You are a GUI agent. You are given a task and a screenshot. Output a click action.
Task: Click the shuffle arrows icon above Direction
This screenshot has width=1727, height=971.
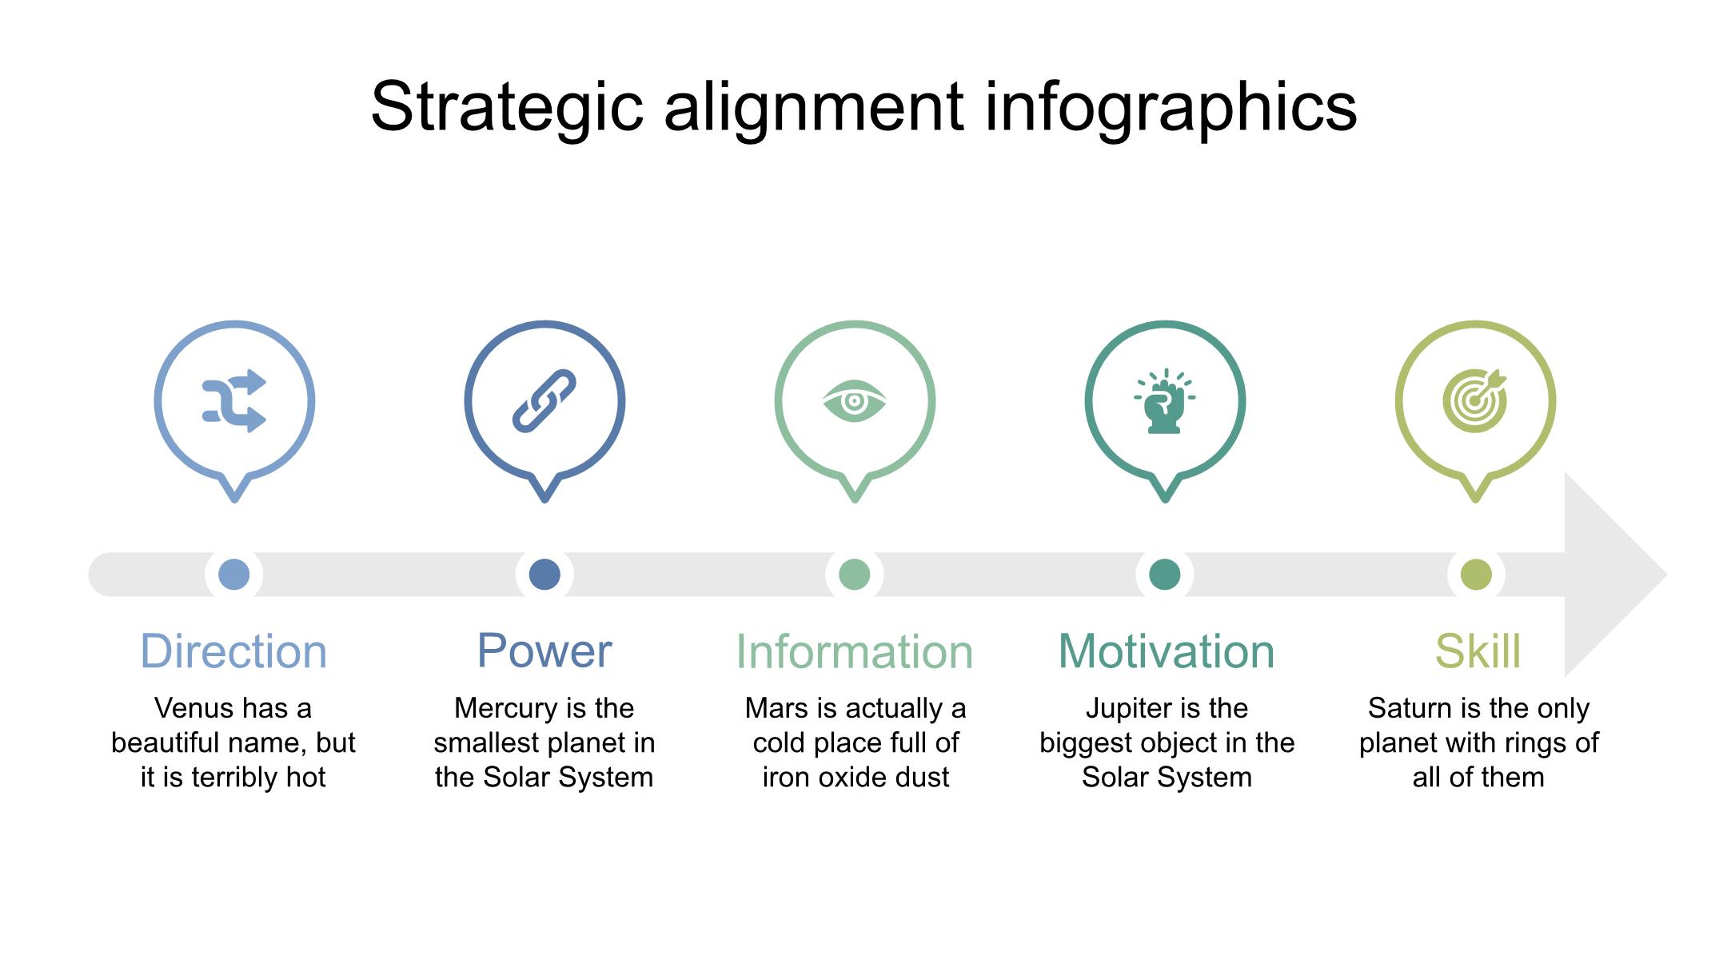click(x=234, y=401)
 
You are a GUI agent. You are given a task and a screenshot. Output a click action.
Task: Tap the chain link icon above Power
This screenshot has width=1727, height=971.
click(x=544, y=401)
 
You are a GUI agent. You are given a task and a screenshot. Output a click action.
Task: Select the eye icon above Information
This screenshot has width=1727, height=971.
click(x=855, y=401)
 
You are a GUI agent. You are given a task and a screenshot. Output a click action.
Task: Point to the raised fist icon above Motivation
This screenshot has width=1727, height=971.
click(x=1165, y=401)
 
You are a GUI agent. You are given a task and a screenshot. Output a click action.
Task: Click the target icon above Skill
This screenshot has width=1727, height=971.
click(x=1475, y=401)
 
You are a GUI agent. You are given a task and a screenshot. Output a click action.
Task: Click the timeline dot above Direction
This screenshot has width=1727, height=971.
click(x=234, y=574)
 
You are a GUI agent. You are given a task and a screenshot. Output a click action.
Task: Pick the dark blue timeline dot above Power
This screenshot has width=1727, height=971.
click(x=544, y=574)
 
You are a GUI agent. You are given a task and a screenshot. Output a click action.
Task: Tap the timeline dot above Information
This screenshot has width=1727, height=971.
click(x=855, y=574)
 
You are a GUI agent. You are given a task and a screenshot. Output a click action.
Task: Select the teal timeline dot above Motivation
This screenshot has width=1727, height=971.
click(x=1165, y=574)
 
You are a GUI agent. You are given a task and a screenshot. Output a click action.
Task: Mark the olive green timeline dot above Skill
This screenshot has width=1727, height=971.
click(x=1476, y=574)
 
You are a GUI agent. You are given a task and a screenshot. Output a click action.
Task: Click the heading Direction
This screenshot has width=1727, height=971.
click(x=233, y=651)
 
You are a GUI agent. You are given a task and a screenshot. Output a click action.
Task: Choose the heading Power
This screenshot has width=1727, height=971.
click(x=544, y=651)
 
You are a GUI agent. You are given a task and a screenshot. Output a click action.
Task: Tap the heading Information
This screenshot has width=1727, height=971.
click(x=855, y=651)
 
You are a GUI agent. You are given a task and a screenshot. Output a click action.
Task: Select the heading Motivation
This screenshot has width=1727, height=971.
click(x=1167, y=651)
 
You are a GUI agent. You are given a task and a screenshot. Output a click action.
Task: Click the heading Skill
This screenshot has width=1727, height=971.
click(x=1478, y=651)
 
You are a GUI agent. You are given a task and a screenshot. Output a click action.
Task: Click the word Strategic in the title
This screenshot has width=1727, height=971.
click(x=508, y=108)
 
